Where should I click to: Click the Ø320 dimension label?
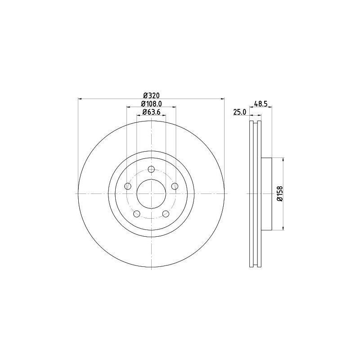[152, 95]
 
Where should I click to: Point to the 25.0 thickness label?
[239, 112]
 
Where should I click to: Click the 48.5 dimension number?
[261, 103]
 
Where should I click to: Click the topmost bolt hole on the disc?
[151, 169]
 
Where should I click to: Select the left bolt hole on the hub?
[128, 186]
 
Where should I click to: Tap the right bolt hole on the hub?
[175, 186]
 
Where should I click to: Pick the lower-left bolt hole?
[137, 214]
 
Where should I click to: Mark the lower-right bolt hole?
[166, 214]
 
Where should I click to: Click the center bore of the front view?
[151, 194]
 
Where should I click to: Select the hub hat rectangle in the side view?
[266, 194]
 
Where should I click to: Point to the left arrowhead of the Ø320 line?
[80, 98]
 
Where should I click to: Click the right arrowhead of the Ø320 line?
[222, 98]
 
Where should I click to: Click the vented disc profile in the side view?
[255, 194]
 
